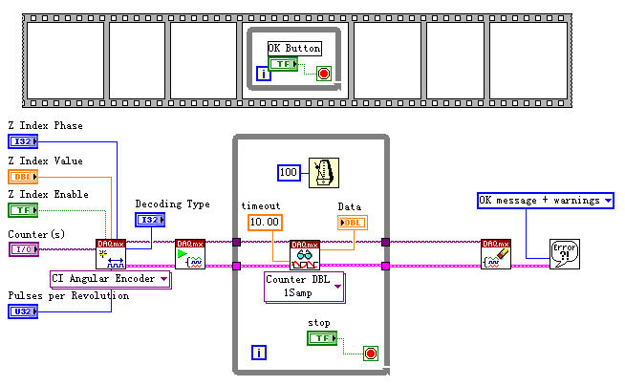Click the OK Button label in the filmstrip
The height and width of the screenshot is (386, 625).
(x=293, y=48)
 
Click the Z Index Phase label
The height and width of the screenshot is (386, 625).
(x=45, y=126)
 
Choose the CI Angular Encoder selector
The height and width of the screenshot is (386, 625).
(x=110, y=279)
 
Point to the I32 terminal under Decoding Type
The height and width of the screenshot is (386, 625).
(x=149, y=220)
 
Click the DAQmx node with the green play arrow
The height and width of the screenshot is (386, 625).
(x=190, y=254)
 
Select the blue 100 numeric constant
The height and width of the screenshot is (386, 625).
(x=291, y=173)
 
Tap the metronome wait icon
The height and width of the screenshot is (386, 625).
(x=324, y=173)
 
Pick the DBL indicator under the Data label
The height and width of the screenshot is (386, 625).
(x=352, y=223)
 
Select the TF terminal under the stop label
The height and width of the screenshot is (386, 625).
(x=321, y=338)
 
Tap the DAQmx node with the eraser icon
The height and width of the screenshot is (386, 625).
(x=496, y=254)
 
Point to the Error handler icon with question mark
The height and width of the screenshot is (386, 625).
(x=564, y=254)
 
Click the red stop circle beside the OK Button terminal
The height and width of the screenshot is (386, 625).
(x=324, y=73)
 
